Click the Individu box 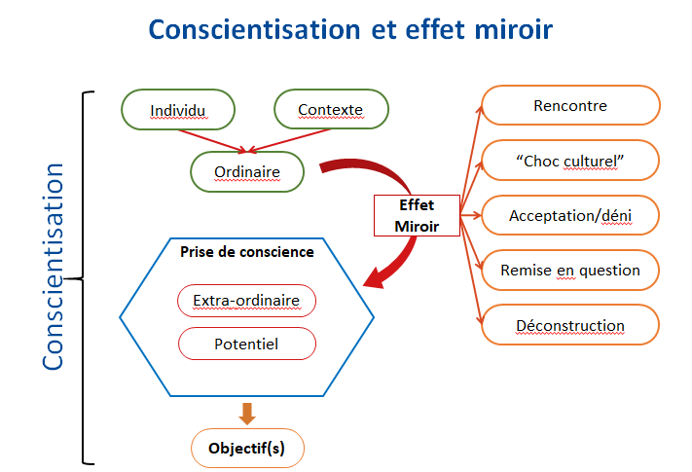tap(178, 109)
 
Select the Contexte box tap(331, 109)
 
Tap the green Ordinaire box tap(247, 172)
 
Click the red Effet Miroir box tap(417, 215)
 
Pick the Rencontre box tap(570, 105)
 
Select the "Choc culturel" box tap(570, 161)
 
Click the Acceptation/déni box tap(570, 215)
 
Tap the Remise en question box tap(570, 270)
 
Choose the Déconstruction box tap(570, 325)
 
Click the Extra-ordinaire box tap(246, 300)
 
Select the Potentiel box tap(246, 344)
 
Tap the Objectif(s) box tap(247, 449)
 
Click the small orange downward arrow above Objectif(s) tap(247, 413)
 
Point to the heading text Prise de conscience tap(246, 251)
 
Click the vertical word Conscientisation tap(54, 265)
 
